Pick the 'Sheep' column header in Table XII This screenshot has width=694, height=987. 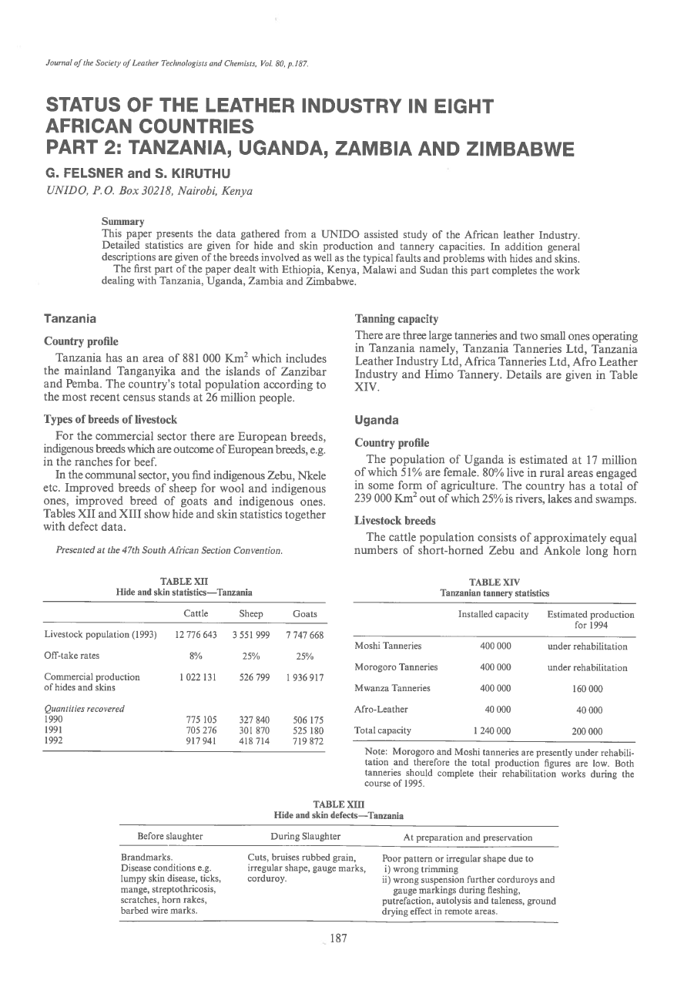click(x=251, y=614)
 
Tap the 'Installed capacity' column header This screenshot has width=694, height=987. click(x=493, y=614)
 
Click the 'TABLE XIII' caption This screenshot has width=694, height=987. click(x=339, y=804)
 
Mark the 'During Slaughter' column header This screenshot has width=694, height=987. click(x=306, y=836)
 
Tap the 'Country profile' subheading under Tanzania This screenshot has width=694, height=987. click(x=81, y=341)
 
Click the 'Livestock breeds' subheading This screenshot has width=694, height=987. click(x=395, y=521)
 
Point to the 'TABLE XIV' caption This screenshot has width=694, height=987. click(x=494, y=581)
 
